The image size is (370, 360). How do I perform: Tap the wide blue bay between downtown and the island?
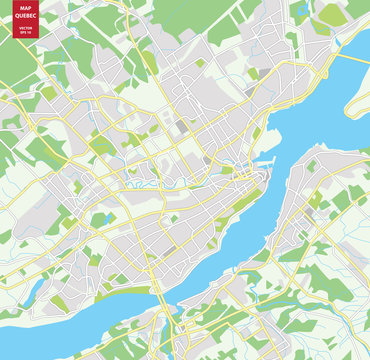(310, 110)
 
